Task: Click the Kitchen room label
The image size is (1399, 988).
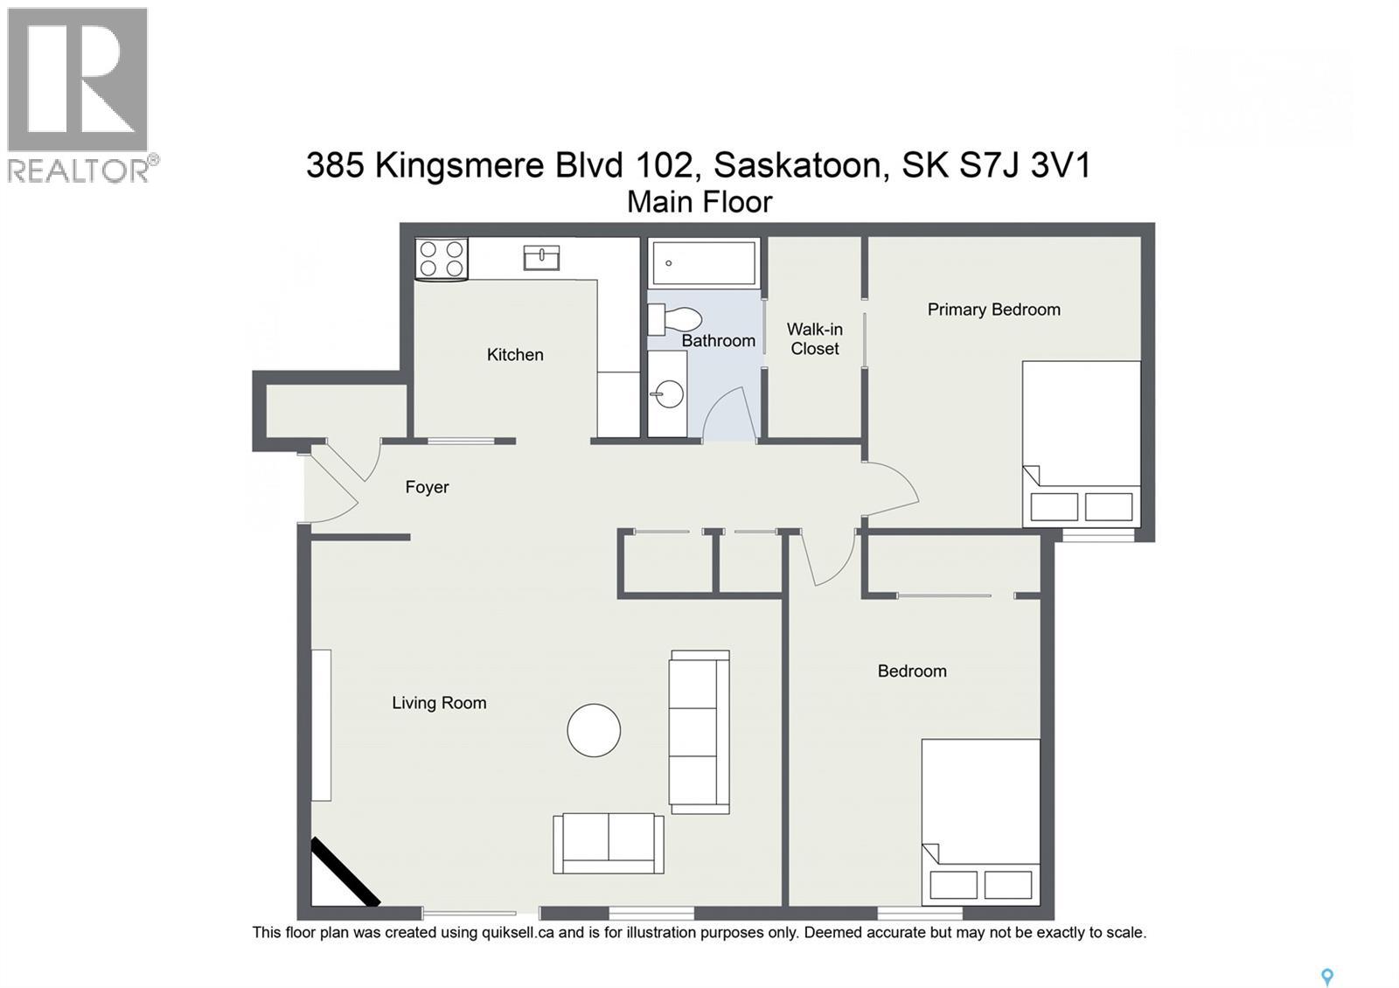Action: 515,355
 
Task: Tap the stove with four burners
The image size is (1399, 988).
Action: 442,259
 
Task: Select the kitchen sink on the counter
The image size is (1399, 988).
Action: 541,258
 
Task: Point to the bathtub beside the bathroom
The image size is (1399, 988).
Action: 703,262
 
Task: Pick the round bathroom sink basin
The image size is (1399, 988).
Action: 668,394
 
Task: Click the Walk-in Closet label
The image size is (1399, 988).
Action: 814,339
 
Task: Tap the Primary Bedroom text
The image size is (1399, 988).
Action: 993,310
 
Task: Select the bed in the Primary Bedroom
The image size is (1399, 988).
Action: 1082,443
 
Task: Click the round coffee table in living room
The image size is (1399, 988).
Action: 594,730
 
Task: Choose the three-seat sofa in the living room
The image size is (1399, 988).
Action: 699,732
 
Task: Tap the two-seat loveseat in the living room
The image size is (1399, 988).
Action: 608,843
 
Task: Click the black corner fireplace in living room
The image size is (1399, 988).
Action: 344,873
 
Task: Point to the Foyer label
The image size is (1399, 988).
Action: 427,488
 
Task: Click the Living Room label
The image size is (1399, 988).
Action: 439,703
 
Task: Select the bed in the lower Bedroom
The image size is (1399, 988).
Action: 981,822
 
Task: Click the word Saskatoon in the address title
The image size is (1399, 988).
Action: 797,165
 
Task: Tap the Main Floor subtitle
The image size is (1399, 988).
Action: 699,202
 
